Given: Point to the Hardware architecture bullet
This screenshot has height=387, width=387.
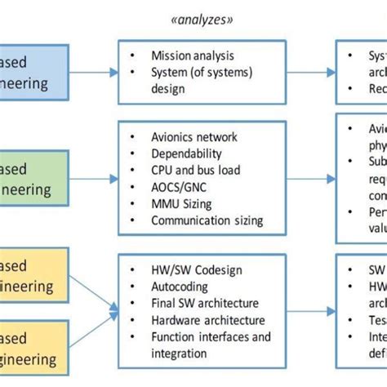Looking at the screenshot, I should [208, 319].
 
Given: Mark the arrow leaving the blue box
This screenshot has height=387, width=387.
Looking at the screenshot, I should [93, 71].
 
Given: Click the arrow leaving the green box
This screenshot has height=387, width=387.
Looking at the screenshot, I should [93, 177].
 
